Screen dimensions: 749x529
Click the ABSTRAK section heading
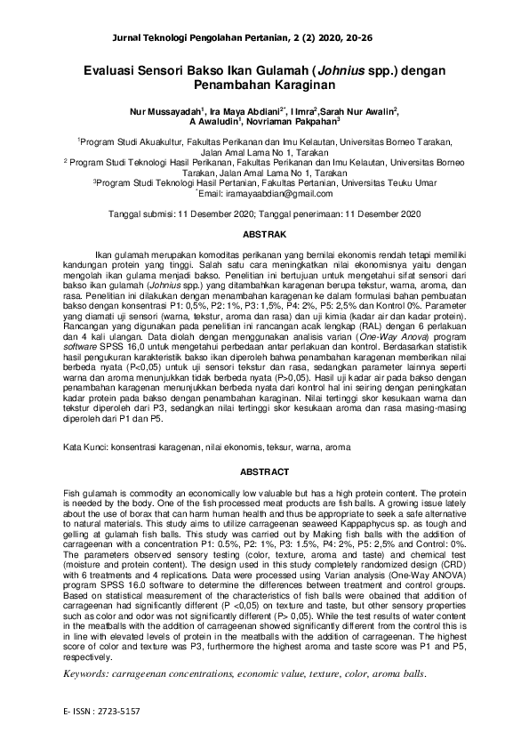tap(264, 235)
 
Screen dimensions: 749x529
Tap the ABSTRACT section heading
tap(264, 471)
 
